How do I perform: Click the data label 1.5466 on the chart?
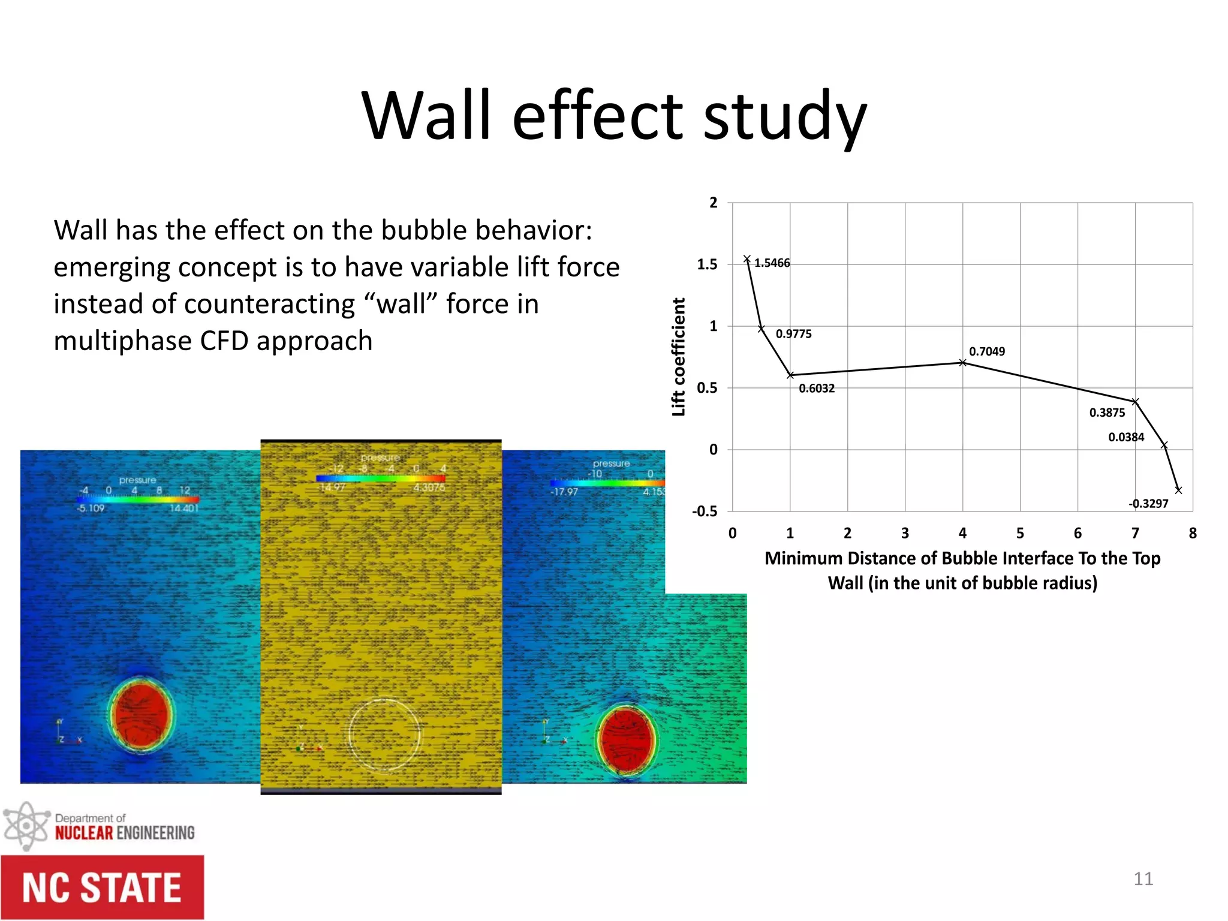(x=772, y=263)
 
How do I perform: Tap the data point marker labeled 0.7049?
(x=962, y=363)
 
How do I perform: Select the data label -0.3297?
(x=1148, y=504)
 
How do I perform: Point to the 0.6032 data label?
(x=817, y=389)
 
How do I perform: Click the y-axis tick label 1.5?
(x=707, y=264)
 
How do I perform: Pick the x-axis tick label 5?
(x=1020, y=533)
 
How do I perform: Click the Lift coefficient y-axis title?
(x=678, y=357)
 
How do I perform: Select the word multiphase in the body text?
(x=123, y=341)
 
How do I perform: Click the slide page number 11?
(x=1143, y=879)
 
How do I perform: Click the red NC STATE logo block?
(x=102, y=887)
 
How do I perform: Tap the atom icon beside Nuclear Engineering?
(x=25, y=826)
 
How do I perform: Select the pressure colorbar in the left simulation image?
(x=138, y=499)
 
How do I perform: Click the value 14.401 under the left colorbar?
(x=183, y=508)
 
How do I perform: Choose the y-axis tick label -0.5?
(x=705, y=511)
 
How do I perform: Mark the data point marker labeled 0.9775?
(x=761, y=329)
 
